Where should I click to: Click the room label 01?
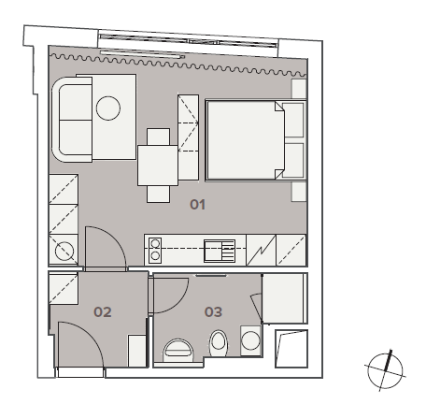197,205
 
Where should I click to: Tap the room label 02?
103,311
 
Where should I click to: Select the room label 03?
213,311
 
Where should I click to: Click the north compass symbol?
385,370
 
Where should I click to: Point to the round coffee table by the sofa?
108,108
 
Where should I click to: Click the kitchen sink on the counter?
220,251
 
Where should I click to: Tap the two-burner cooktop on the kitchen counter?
155,251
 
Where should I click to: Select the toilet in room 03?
178,351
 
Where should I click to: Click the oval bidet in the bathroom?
219,343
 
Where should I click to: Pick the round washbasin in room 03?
250,340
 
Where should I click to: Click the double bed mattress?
246,140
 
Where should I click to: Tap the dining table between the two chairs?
158,166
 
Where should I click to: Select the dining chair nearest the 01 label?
158,194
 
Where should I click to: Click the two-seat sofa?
72,120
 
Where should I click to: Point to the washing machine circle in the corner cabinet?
64,251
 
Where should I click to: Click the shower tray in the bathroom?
283,298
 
